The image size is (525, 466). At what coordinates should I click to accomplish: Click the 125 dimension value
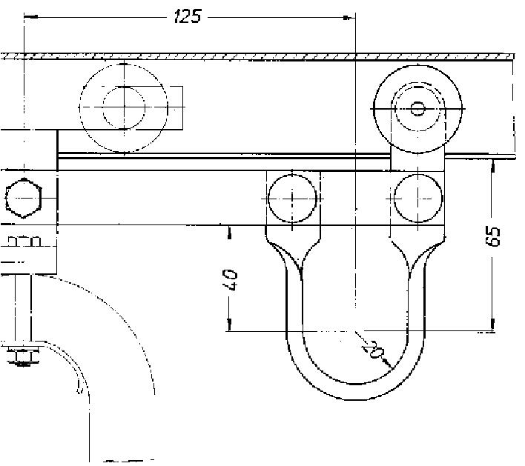tap(188, 16)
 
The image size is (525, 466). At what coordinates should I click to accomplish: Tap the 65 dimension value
tap(492, 236)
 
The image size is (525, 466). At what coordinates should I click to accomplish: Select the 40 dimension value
tap(230, 279)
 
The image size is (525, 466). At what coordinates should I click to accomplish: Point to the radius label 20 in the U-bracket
tap(372, 349)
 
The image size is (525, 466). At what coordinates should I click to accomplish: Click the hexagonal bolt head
tap(24, 198)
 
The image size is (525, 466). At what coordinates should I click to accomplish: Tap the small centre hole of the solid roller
tap(417, 109)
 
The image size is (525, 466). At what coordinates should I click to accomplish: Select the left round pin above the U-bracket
tap(292, 199)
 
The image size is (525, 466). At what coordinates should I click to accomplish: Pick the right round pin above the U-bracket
tap(418, 198)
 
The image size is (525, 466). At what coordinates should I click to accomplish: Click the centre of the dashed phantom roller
tap(124, 107)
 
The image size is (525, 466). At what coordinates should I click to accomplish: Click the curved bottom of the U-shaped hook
tap(355, 391)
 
